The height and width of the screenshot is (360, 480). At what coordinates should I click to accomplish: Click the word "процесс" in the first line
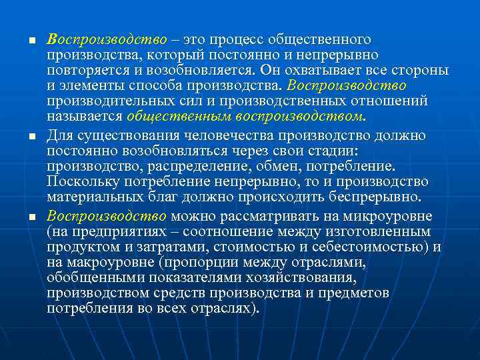click(x=234, y=40)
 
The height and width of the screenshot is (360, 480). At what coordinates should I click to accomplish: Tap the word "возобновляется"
click(x=200, y=71)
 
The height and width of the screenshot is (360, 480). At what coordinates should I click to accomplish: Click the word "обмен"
click(x=274, y=166)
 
